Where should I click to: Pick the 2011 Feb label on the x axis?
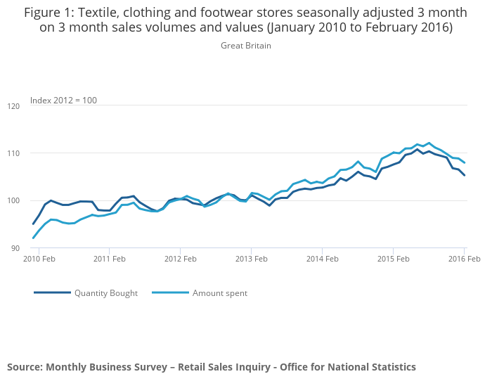(109, 259)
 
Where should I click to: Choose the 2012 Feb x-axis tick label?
(180, 259)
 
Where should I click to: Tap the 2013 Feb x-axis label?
(251, 259)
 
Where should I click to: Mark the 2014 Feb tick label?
(322, 259)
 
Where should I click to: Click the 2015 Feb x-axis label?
(393, 259)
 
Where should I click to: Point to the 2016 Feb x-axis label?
(464, 259)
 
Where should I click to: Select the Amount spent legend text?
(220, 292)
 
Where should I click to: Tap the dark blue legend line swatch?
(52, 292)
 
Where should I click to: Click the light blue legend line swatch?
(170, 292)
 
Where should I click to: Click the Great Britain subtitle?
(246, 46)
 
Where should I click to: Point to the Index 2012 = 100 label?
(63, 101)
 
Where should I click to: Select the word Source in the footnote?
(25, 367)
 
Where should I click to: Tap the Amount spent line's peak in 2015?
(429, 143)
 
